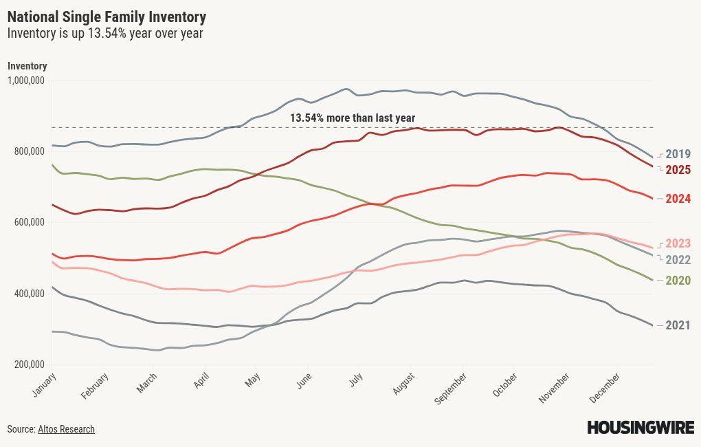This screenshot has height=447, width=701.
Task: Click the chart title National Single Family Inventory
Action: click(107, 17)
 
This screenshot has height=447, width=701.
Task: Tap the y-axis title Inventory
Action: click(27, 66)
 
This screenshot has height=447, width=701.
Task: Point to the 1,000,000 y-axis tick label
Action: click(26, 80)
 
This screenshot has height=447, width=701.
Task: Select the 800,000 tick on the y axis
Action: click(28, 151)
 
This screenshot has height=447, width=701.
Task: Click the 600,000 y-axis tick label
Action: click(28, 222)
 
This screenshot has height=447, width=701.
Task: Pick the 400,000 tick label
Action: click(28, 294)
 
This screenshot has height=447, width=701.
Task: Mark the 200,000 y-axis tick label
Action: click(28, 364)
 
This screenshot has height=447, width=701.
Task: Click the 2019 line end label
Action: click(678, 154)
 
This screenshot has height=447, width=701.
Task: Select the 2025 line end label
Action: click(678, 170)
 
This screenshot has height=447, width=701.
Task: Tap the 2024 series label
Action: click(678, 199)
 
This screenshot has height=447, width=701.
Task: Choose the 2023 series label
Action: click(678, 243)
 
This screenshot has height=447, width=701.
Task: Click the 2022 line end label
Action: click(678, 260)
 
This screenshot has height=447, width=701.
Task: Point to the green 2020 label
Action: click(678, 281)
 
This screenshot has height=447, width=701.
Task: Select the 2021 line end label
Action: click(678, 325)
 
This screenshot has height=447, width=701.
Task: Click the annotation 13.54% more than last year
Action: click(352, 118)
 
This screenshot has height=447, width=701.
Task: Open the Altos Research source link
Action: click(66, 429)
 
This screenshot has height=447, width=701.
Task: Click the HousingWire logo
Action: click(640, 428)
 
